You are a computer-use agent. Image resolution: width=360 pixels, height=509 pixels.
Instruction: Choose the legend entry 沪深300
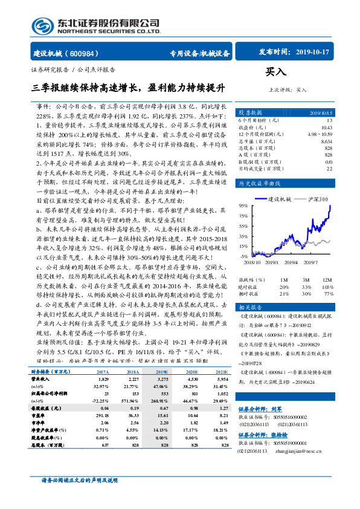click(x=320, y=198)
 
